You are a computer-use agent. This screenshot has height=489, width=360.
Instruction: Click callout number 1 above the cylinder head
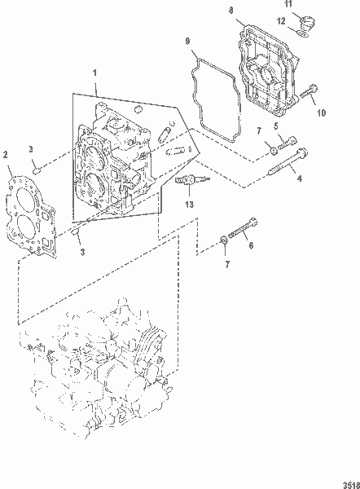pyautogui.click(x=96, y=73)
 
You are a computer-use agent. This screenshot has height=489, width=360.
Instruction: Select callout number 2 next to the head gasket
pyautogui.click(x=6, y=154)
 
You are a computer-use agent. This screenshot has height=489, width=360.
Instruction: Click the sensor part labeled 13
pyautogui.click(x=187, y=181)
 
